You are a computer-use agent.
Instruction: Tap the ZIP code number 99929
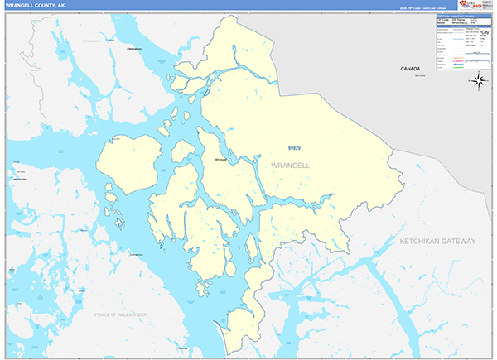tap(294, 148)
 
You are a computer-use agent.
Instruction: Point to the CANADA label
tap(410, 69)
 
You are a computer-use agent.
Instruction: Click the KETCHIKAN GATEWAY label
tap(437, 241)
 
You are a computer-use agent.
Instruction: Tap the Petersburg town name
tap(133, 49)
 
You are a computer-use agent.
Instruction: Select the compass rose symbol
tap(478, 80)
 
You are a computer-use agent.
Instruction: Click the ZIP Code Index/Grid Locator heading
tap(456, 16)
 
